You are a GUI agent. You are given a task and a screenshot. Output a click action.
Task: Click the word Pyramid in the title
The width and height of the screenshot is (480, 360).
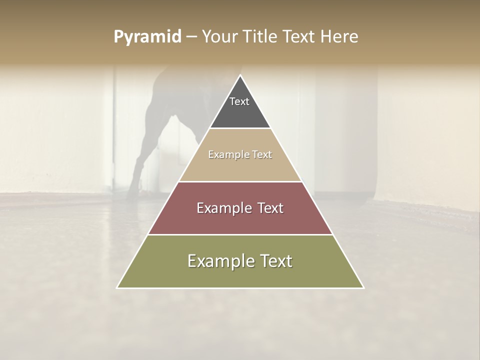147,37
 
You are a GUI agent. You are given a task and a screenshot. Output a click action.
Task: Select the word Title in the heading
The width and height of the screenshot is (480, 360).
262,36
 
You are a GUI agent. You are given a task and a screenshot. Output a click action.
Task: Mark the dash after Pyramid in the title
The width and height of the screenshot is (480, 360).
191,37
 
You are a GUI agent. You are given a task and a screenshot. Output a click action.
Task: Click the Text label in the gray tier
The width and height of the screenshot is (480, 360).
239,101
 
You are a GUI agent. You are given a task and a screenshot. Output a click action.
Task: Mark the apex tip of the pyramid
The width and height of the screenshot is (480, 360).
240,76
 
